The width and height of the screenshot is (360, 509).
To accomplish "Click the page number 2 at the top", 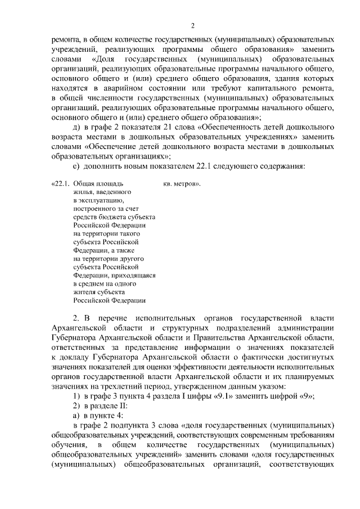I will [192, 25].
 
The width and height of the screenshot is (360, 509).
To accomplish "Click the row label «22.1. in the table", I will [60, 184].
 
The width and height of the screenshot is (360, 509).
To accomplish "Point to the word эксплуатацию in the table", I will [96, 200].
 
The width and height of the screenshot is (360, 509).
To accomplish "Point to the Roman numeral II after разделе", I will [123, 405].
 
